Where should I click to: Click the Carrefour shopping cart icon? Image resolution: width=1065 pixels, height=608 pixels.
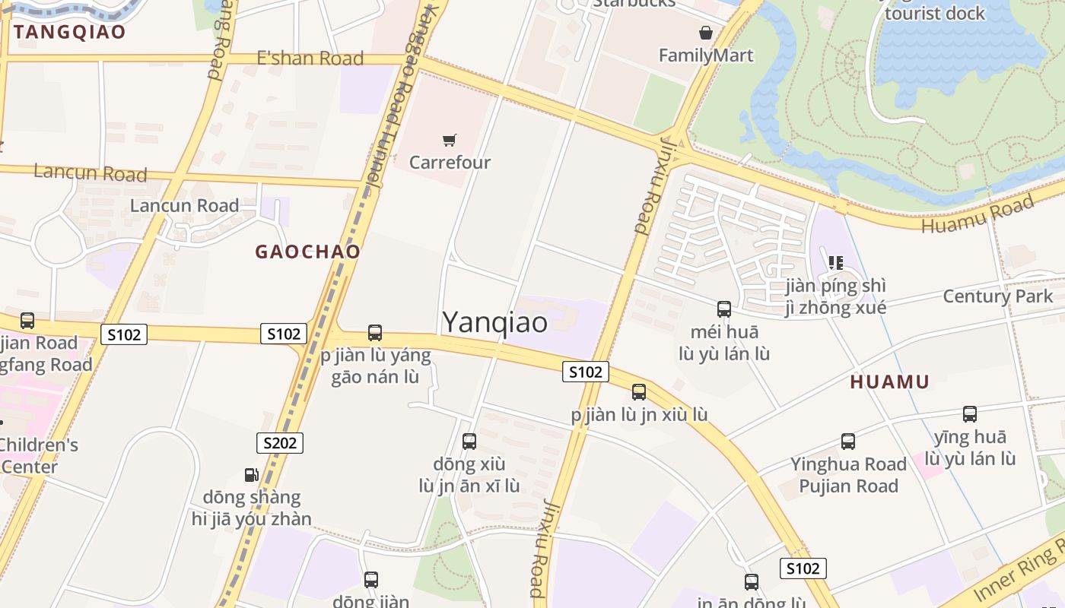coord(450,140)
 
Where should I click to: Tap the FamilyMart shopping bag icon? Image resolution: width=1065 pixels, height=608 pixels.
coord(706,33)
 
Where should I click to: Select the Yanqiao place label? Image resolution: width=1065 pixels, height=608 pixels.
coord(494,322)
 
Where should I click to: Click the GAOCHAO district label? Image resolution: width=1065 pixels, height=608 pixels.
coord(307,252)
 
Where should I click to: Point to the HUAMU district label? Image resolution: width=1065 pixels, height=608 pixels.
coord(889,382)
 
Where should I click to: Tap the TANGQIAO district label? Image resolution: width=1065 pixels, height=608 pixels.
coord(69,32)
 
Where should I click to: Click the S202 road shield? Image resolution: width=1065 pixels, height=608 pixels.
coord(279,443)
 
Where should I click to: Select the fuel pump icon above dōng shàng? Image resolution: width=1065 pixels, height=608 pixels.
coord(251,475)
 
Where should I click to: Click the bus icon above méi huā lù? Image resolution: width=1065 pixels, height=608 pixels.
coord(723,309)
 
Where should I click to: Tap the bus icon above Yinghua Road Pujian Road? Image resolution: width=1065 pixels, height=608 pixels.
coord(847,442)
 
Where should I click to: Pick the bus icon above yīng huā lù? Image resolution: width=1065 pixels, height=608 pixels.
coord(969,414)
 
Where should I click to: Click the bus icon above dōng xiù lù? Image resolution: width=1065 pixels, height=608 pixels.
coord(469,442)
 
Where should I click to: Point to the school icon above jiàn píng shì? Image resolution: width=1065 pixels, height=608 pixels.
coord(835,263)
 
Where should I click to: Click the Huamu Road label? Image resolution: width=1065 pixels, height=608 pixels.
coord(978,214)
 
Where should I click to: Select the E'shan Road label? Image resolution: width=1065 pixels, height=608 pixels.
coord(310,59)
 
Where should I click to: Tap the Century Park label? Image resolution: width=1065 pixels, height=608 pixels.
coord(997,296)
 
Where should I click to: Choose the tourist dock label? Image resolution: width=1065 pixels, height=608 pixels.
coord(934,13)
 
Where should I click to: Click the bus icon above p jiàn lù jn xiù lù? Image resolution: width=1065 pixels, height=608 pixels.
coord(639,392)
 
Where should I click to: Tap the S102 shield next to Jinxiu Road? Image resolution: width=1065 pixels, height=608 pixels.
coord(586,372)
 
